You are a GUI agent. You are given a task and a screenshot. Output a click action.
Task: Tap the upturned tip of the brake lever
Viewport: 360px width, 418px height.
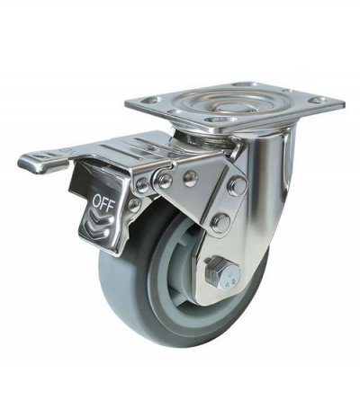point(26,162)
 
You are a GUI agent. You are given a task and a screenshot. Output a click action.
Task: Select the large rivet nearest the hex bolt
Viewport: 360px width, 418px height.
point(220,222)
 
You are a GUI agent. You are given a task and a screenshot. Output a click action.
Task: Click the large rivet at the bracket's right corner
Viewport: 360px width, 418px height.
point(237,186)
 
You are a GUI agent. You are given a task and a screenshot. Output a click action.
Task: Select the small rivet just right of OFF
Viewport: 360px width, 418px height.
point(134,204)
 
